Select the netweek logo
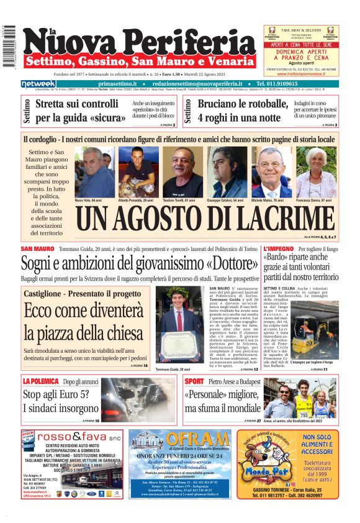(x=38, y=83)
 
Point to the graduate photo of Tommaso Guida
(x=181, y=325)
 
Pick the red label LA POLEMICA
(x=41, y=381)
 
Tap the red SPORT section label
(x=194, y=381)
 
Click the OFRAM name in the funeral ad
(x=200, y=442)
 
